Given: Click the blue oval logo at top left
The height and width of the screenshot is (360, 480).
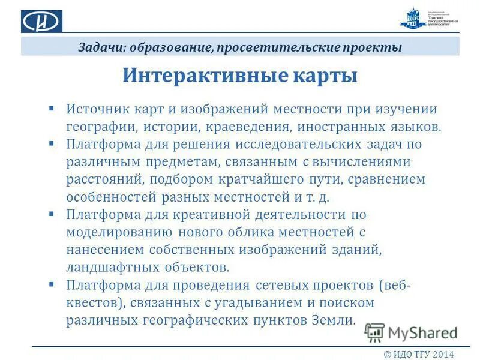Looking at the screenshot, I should [x=42, y=21].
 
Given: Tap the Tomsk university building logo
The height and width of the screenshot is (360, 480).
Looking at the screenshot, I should [x=412, y=20].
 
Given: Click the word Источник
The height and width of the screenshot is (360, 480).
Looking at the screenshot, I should [x=95, y=110].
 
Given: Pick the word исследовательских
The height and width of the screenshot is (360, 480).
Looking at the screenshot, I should [x=286, y=145].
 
